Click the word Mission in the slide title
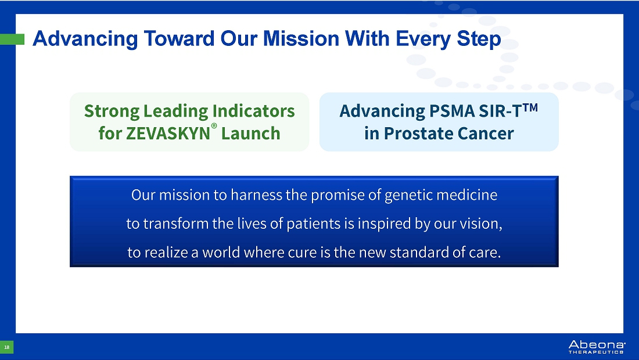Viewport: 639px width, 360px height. point(301,39)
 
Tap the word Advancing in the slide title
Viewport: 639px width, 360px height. point(85,39)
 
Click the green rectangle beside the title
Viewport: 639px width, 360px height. point(12,39)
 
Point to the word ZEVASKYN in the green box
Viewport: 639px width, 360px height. point(168,134)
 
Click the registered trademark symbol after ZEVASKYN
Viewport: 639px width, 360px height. point(214,126)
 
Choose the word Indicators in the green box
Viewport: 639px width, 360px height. point(253,111)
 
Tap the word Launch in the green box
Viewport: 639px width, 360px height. point(250,134)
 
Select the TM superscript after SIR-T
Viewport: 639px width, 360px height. point(530,107)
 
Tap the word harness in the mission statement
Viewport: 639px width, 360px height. point(256,195)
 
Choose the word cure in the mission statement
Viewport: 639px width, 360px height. point(302,253)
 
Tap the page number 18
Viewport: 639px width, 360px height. point(6,347)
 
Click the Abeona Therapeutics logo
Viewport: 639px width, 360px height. point(597,347)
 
